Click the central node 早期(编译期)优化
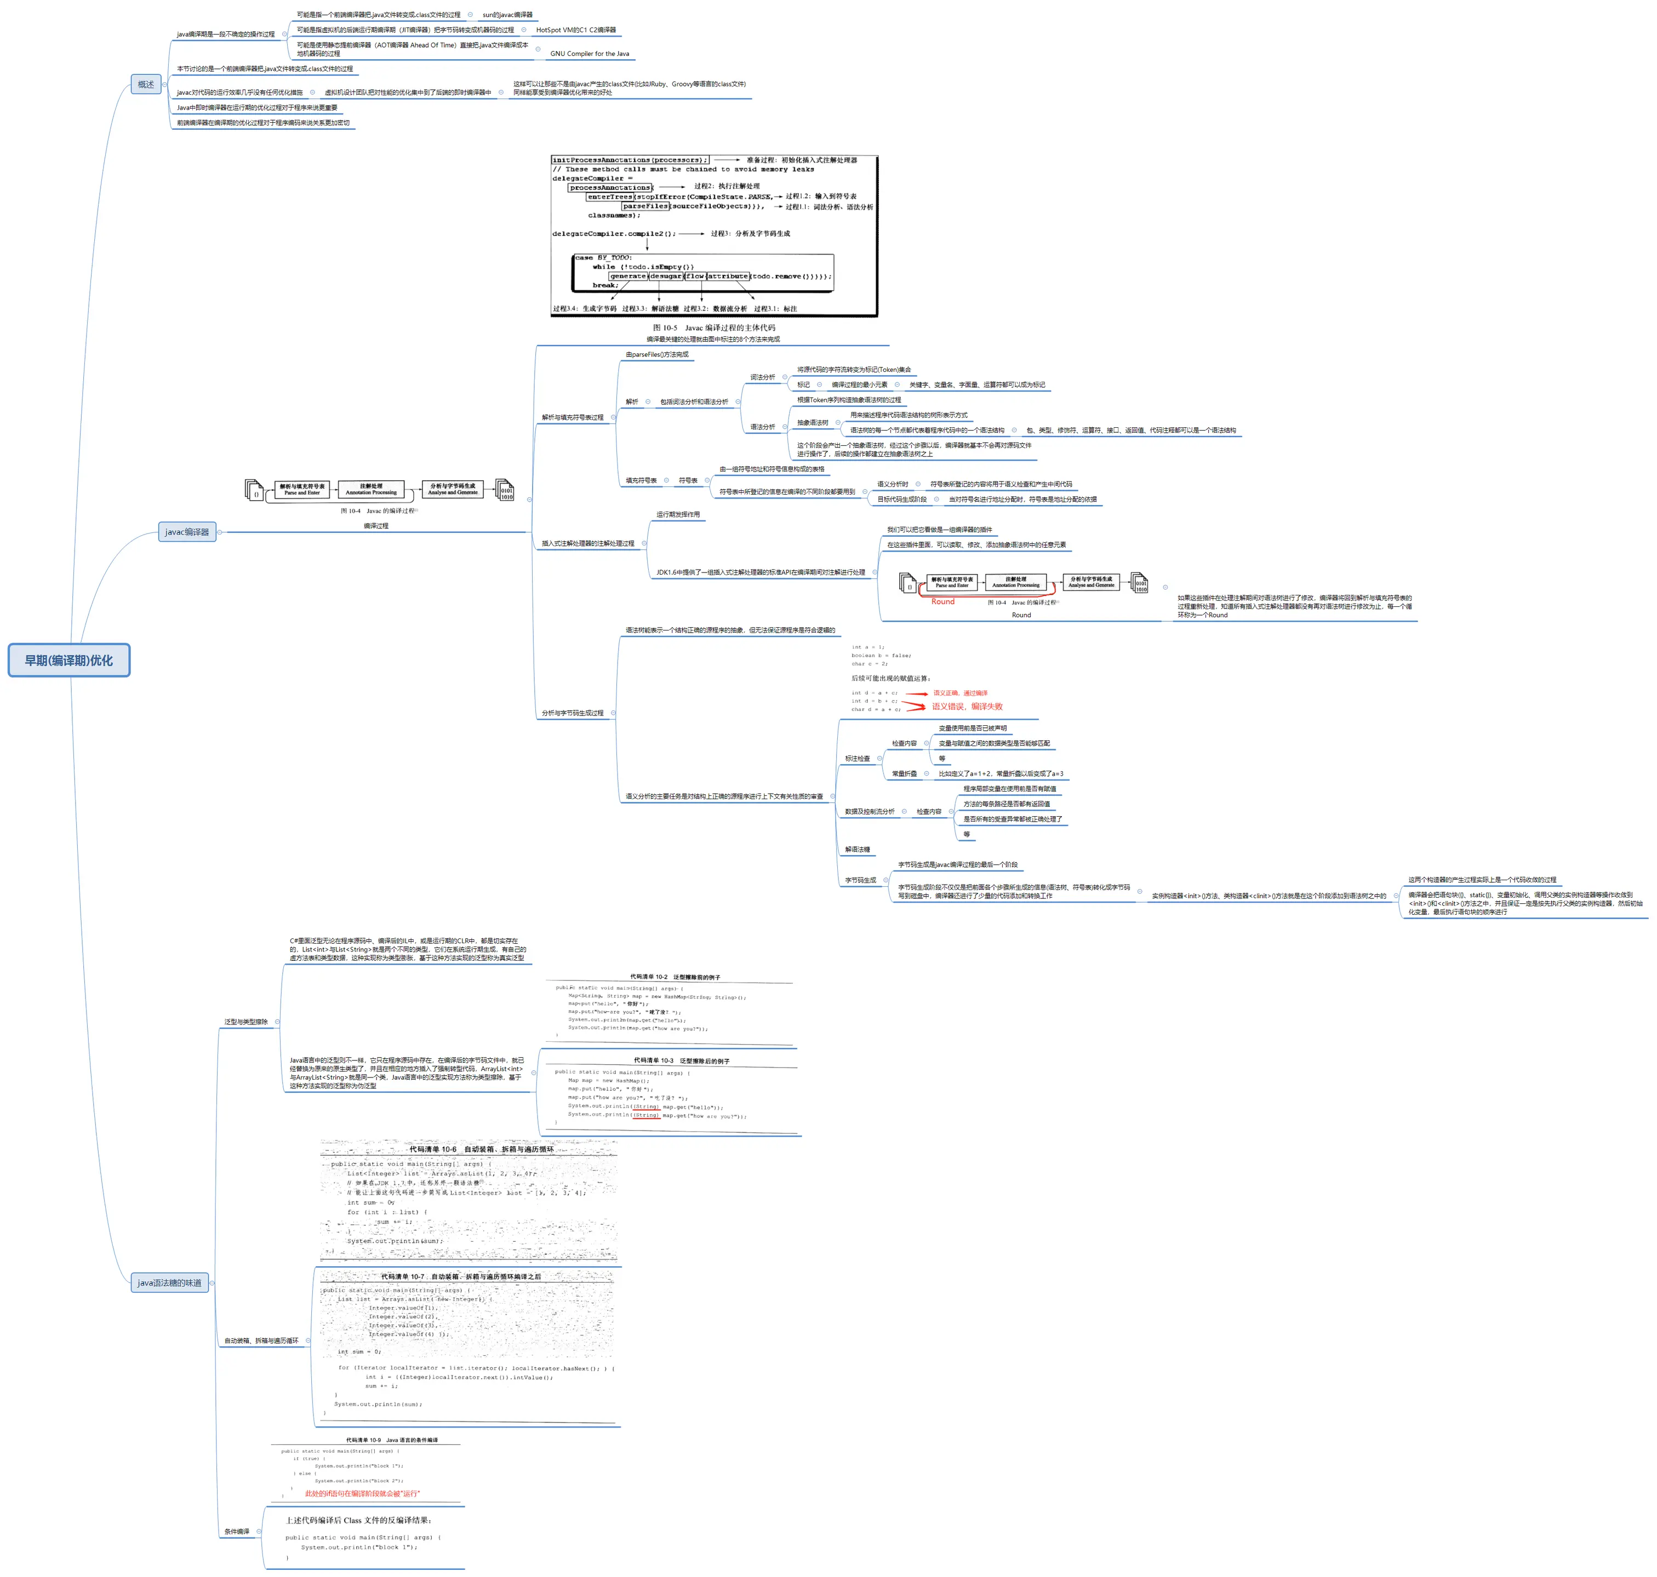[x=69, y=660]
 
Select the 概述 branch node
[x=145, y=84]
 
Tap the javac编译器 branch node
[x=187, y=531]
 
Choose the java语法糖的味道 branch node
[x=169, y=1282]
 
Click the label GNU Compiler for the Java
[x=590, y=54]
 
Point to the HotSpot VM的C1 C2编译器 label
[x=576, y=30]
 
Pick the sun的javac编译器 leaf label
[x=507, y=15]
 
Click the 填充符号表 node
[x=641, y=481]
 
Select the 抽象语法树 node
[x=812, y=423]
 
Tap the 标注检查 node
[x=858, y=758]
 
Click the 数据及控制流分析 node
[x=869, y=811]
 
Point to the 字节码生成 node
[x=860, y=880]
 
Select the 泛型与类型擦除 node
[x=245, y=1022]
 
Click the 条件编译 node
[x=236, y=1531]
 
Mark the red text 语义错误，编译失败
[x=967, y=706]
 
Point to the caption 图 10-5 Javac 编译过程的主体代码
[x=714, y=328]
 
